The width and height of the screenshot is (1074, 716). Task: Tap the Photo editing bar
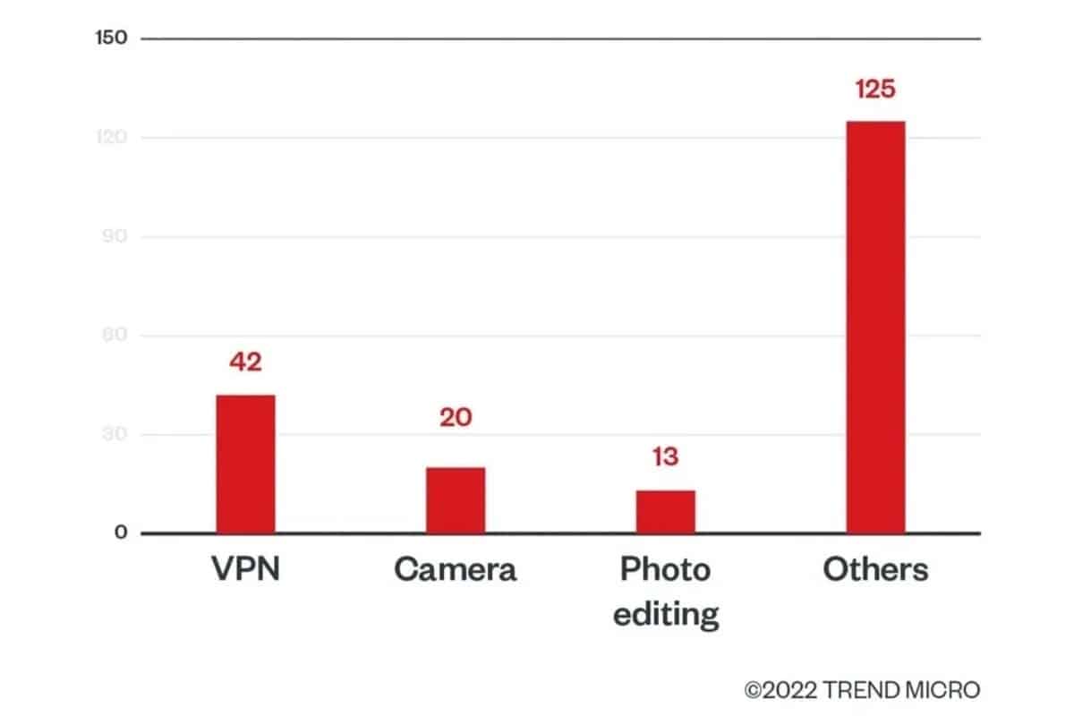pos(666,511)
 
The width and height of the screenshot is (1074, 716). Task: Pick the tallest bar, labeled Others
pos(876,327)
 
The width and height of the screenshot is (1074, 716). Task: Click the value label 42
pos(246,362)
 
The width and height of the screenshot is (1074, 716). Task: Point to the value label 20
pos(456,418)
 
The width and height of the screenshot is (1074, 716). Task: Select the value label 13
pos(666,457)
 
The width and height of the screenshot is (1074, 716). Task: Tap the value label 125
pos(875,89)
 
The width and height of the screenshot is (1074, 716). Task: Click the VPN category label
pos(246,570)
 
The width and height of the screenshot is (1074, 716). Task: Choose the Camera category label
pos(456,570)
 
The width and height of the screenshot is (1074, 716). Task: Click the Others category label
pos(875,570)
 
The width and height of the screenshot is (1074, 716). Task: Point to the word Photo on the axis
pos(666,570)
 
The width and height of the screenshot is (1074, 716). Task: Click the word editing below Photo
pos(666,614)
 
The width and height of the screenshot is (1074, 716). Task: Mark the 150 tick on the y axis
pos(112,38)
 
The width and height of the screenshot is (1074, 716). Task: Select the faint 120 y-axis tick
pos(112,138)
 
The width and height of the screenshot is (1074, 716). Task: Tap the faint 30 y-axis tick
pos(115,435)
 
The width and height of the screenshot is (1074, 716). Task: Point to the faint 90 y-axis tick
pos(115,237)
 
